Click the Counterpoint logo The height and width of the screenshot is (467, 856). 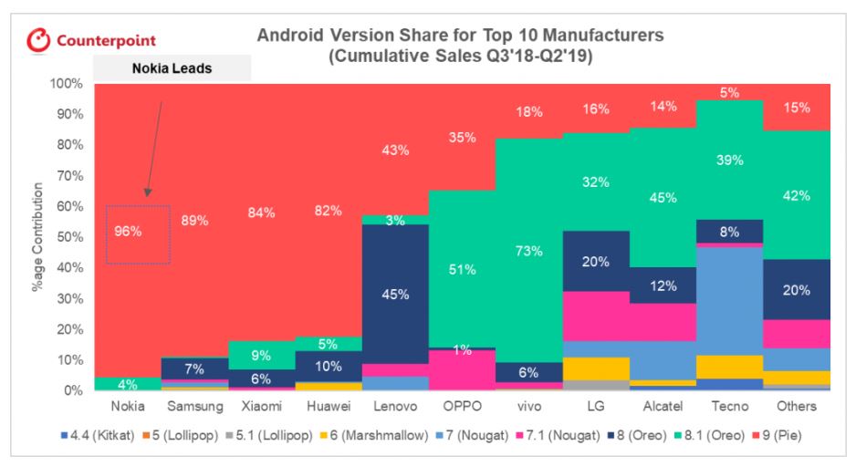point(91,41)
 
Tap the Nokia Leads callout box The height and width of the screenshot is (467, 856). point(172,67)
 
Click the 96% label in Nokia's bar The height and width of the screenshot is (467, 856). point(128,232)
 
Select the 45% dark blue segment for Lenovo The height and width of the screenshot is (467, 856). point(395,294)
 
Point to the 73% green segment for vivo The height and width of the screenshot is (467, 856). point(529,251)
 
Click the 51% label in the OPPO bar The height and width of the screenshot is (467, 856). point(463,269)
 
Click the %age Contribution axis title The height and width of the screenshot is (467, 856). point(39,237)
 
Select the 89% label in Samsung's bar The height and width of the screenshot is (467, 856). point(194,220)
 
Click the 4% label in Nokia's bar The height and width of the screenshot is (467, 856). point(128,383)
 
